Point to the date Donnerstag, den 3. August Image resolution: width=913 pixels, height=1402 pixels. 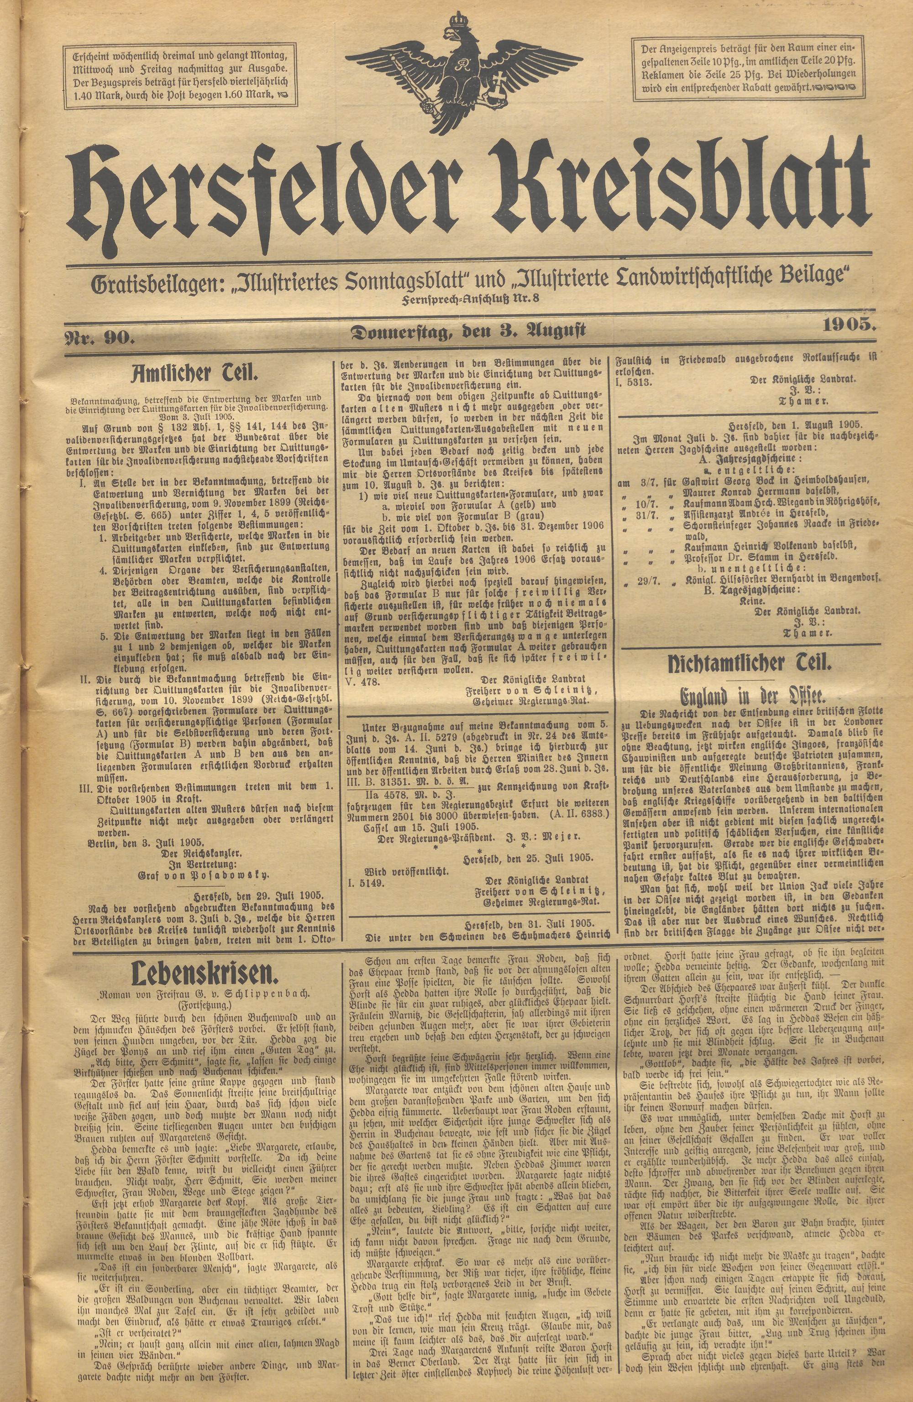pyautogui.click(x=468, y=332)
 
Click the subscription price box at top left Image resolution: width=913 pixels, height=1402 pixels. pyautogui.click(x=180, y=75)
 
